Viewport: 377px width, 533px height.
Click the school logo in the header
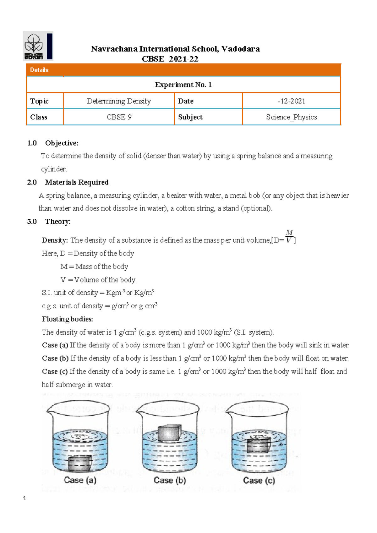[38, 46]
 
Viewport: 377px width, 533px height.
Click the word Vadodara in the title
[240, 49]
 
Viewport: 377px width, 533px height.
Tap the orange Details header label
[39, 70]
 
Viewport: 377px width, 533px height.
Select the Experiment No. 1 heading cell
[183, 85]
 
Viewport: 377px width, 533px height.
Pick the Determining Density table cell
[119, 101]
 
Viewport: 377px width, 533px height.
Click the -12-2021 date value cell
[291, 101]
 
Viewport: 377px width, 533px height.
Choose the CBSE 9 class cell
[119, 117]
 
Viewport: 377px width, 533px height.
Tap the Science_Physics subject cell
[291, 117]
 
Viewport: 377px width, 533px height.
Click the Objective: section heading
[62, 143]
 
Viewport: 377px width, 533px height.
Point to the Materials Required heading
[77, 183]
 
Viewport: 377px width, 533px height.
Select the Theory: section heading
[58, 222]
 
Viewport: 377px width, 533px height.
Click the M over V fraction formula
[289, 237]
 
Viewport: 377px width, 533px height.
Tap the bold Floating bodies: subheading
[67, 319]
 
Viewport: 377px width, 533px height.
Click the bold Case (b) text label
[55, 359]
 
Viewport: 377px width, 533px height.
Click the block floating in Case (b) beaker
[169, 433]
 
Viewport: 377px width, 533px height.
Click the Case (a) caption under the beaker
[80, 480]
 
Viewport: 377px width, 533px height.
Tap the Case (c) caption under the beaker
[259, 481]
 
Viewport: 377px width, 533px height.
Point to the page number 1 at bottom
[25, 498]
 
